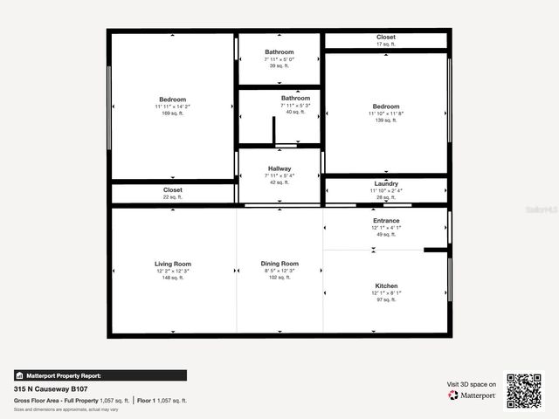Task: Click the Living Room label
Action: point(173,264)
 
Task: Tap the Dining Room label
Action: point(279,264)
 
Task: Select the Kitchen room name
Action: point(386,286)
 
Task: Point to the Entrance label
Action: point(386,221)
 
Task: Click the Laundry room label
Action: point(386,184)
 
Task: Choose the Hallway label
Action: point(279,168)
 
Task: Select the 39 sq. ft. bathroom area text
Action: point(279,65)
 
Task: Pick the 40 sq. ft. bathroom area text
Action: point(295,112)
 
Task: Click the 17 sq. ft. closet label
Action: point(386,44)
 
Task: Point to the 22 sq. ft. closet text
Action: point(173,196)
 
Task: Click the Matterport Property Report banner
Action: point(100,375)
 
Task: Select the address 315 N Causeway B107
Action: point(51,389)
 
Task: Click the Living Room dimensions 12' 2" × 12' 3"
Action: point(173,271)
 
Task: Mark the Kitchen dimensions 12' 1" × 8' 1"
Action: point(386,293)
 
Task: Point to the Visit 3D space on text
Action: point(472,384)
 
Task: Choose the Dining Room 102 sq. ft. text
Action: point(279,278)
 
